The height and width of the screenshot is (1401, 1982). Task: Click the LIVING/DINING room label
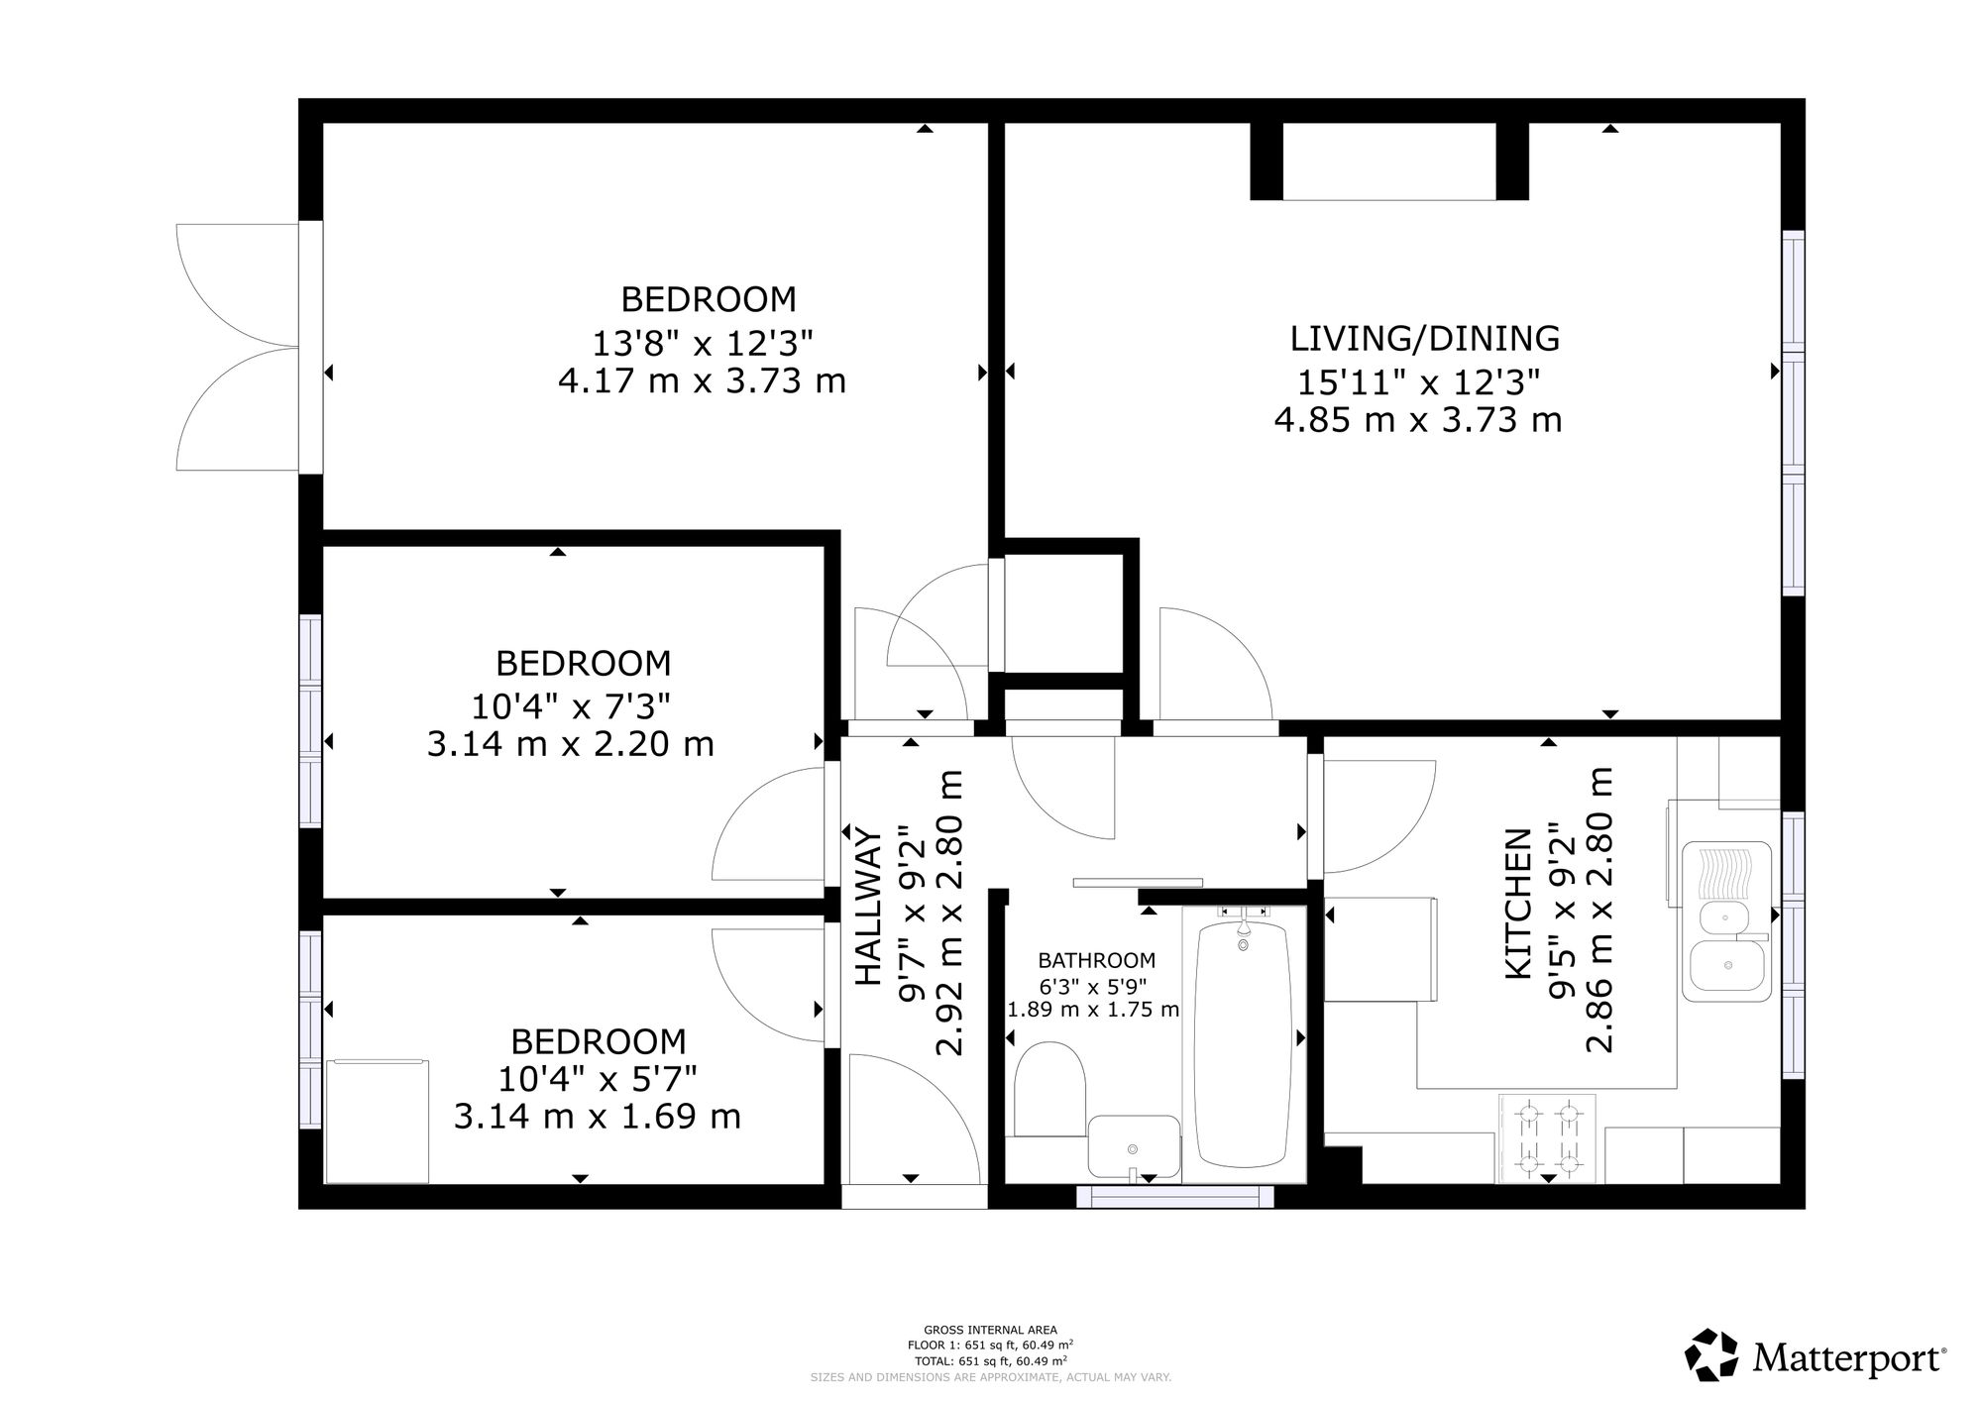click(x=1424, y=339)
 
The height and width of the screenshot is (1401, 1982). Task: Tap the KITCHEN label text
click(x=1518, y=905)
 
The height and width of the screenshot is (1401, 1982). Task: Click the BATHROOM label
click(x=1096, y=960)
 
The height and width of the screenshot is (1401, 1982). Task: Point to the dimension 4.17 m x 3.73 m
click(x=702, y=380)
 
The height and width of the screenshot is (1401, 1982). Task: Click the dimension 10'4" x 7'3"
click(x=571, y=706)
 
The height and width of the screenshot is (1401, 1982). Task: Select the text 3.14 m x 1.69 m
click(x=598, y=1117)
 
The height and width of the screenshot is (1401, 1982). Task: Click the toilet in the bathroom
click(x=1050, y=1088)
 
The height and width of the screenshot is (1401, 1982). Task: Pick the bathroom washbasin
click(x=1134, y=1145)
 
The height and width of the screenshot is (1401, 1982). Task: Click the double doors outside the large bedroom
click(x=238, y=347)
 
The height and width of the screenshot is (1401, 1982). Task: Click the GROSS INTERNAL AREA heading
click(x=990, y=1331)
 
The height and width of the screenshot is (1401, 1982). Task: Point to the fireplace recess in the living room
click(x=1389, y=162)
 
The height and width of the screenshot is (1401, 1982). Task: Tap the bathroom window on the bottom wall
click(x=1175, y=1196)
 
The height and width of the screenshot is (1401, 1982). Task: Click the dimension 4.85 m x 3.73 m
click(x=1418, y=420)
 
